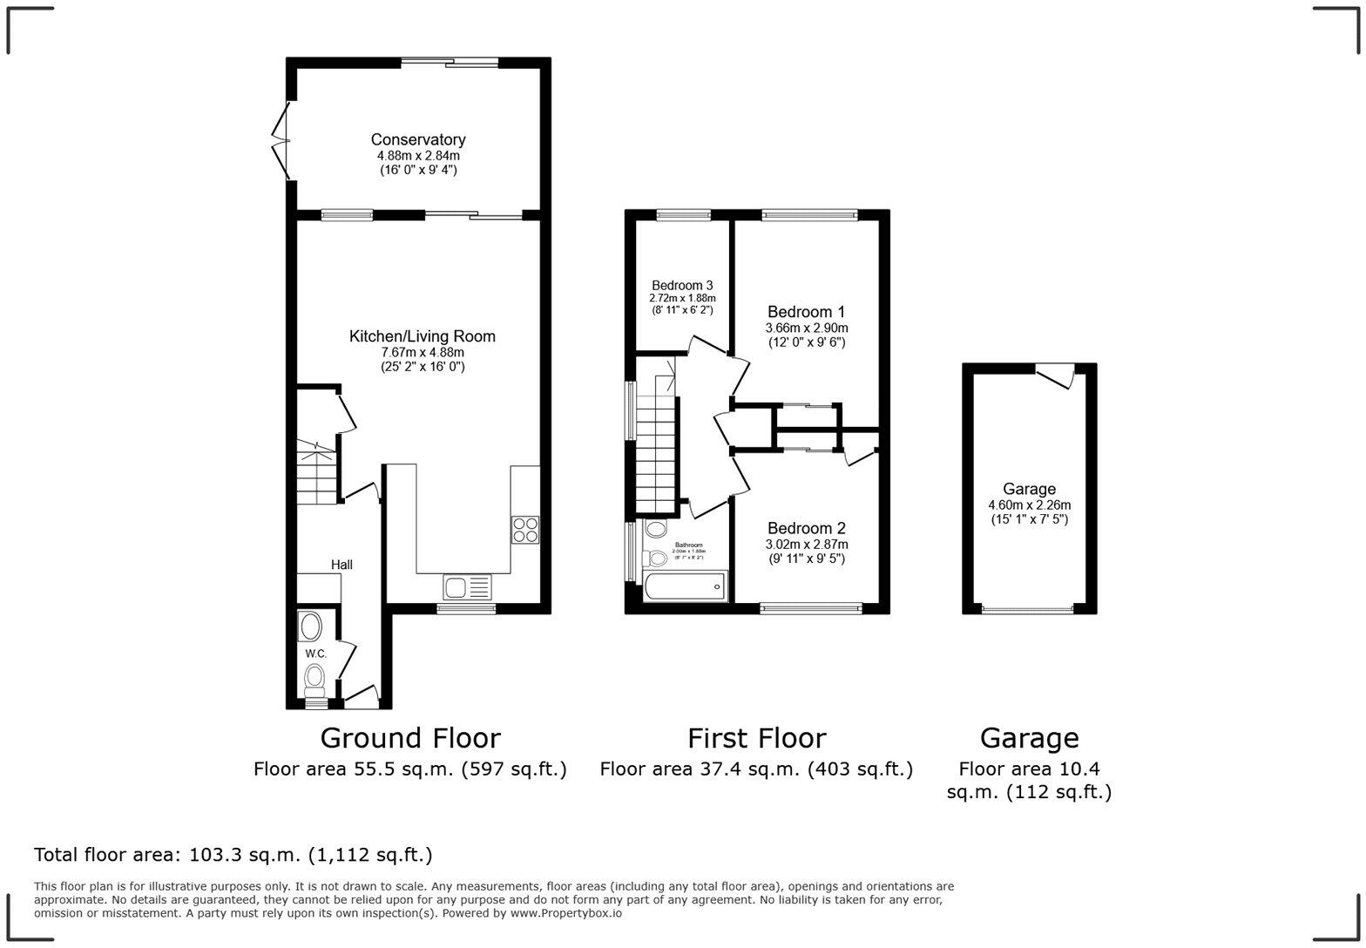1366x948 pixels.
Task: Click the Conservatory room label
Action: pos(418,139)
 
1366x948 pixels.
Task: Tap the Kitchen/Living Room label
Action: pos(422,336)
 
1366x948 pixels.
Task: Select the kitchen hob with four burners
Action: pos(524,530)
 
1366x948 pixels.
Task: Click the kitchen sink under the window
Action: pos(467,587)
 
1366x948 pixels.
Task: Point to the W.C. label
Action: pos(315,653)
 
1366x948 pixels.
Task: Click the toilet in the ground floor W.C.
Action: pos(314,677)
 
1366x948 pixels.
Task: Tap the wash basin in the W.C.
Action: pos(310,626)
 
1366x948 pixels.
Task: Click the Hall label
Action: pos(341,565)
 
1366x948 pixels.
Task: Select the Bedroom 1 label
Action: pos(806,312)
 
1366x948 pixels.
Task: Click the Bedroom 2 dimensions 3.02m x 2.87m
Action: pos(807,545)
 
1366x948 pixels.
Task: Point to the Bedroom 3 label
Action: pos(682,285)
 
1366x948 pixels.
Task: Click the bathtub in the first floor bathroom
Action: pos(685,587)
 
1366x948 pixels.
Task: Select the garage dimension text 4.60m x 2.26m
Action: pos(1029,505)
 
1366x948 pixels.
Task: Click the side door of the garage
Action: pos(1057,375)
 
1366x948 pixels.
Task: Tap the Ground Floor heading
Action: pos(410,738)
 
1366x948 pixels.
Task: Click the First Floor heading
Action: pos(756,738)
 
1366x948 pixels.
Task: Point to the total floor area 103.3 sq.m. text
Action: pos(233,855)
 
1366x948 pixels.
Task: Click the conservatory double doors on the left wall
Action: pos(281,139)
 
